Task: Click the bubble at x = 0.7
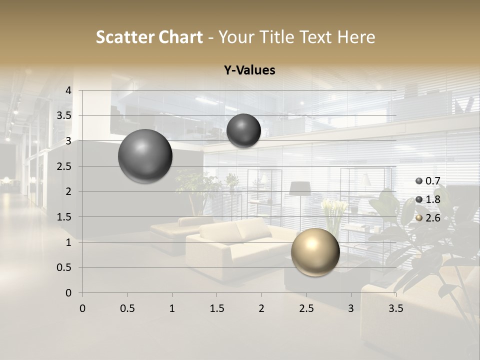point(145,156)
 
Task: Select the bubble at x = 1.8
point(243,130)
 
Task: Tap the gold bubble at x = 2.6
point(315,252)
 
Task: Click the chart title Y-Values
point(249,70)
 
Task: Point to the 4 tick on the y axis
point(68,90)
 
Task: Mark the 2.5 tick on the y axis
point(63,166)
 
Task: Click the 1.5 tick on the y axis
point(63,217)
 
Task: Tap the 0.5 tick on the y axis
point(63,267)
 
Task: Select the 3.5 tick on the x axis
point(395,308)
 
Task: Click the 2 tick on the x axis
point(261,308)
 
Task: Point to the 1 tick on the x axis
point(172,308)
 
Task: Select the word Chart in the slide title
point(180,37)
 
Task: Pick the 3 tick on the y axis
point(68,141)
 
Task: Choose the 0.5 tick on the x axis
point(127,308)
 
